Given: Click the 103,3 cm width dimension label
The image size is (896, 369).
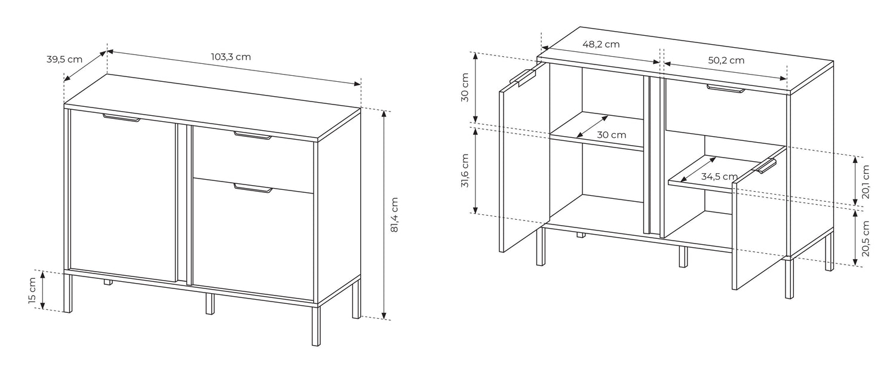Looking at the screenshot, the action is coord(231,57).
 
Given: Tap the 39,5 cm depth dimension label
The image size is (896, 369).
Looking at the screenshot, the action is coord(65,60).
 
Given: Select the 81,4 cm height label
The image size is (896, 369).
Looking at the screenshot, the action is coord(394,215).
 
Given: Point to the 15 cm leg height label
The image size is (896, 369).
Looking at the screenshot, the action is coord(32,290).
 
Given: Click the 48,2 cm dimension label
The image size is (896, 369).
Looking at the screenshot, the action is coord(601,44).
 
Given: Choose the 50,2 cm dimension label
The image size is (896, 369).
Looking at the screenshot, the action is coord(726,60).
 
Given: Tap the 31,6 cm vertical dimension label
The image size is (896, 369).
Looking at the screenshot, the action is coord(464,171).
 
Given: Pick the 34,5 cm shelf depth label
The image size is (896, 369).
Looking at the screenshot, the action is coord(719,176).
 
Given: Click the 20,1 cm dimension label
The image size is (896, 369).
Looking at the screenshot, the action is coord(866,182).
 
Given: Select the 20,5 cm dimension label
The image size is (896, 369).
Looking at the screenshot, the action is coord(866,238).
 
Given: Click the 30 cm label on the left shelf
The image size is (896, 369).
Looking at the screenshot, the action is coord(612,135).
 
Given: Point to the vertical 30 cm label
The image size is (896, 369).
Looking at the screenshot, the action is coord(464,87).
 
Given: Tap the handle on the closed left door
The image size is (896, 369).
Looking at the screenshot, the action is coord(122,118).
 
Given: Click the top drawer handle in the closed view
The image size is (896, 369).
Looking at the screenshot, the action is coord(253,136).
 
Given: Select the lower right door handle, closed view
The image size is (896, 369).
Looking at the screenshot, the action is coord(253,188).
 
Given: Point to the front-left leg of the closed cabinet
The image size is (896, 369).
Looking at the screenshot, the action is coord(69,293).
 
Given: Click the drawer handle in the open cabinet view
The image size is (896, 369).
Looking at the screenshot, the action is coord(726,88).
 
